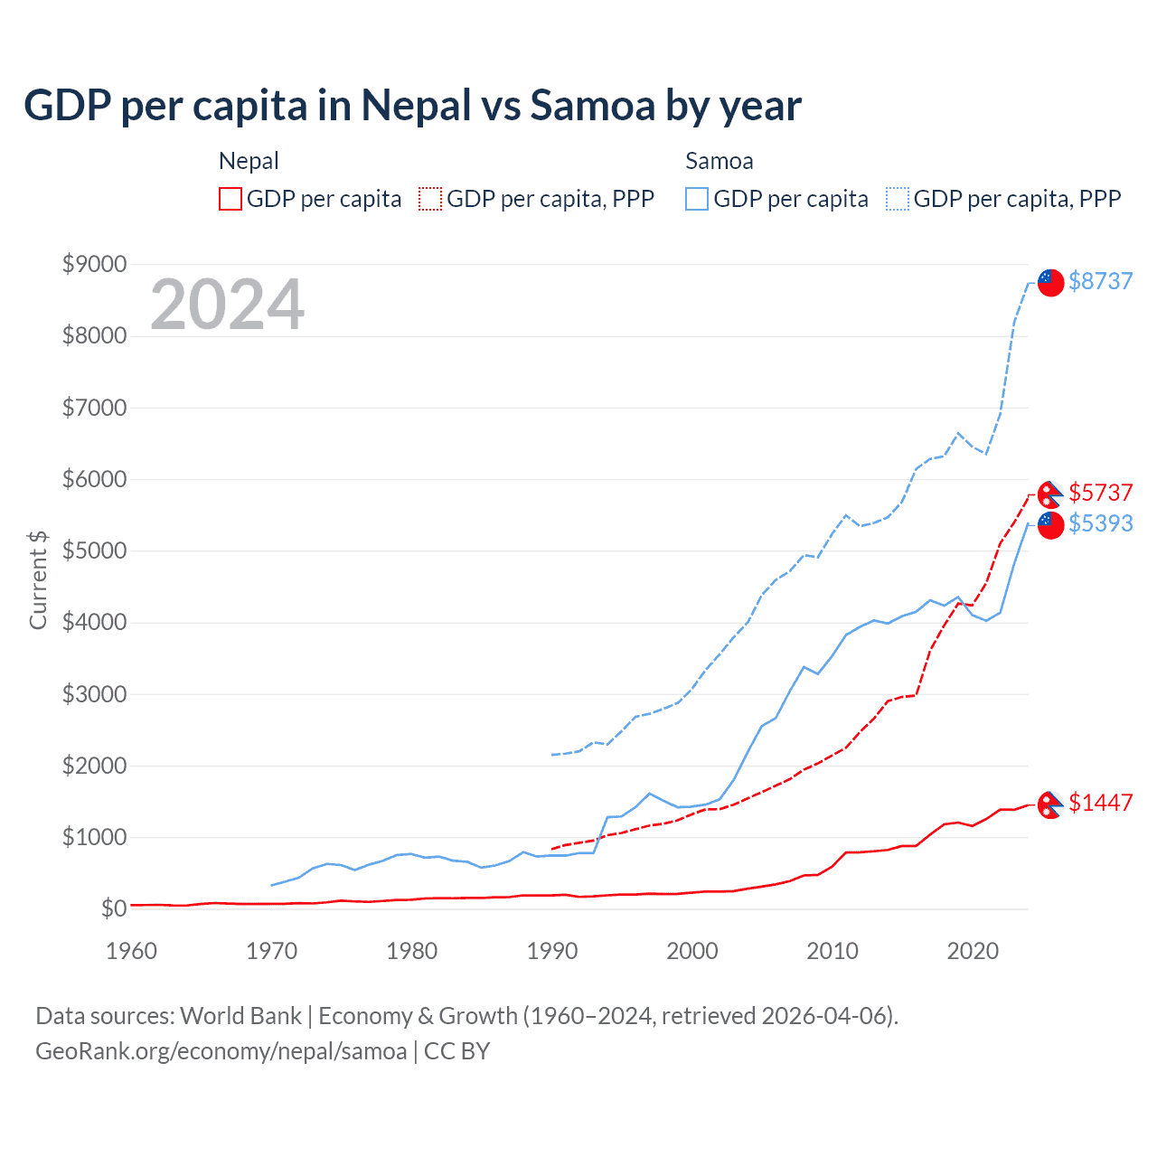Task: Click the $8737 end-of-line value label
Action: [1100, 281]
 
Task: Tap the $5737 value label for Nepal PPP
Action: [1100, 493]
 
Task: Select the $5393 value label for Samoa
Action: [1100, 523]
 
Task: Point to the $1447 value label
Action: [1100, 803]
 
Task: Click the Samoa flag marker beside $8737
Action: [1050, 282]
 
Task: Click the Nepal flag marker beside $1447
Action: [1050, 804]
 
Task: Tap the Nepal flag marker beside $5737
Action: [1050, 494]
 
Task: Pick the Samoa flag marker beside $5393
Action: [1050, 525]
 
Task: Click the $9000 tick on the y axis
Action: [94, 265]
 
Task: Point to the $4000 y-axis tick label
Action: [94, 623]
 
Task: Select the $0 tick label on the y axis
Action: [113, 908]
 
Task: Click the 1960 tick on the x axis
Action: [132, 951]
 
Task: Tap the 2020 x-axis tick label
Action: [973, 951]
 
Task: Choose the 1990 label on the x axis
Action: [552, 951]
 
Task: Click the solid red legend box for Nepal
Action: [230, 199]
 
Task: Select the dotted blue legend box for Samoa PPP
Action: [898, 199]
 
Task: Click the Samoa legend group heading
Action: [720, 161]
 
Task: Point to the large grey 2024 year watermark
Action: [227, 305]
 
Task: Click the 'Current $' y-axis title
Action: [38, 579]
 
